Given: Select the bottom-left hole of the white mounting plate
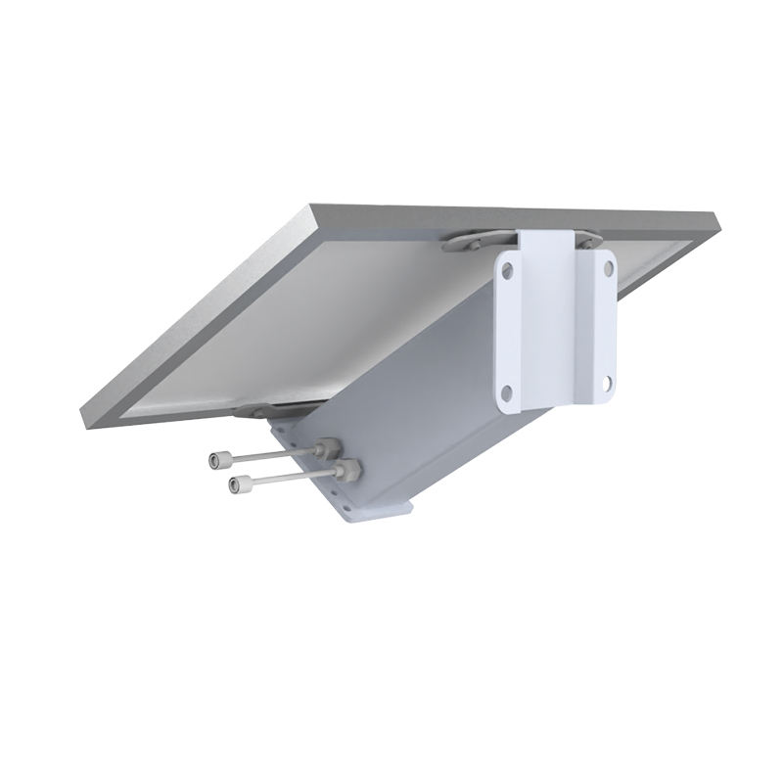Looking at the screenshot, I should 505,392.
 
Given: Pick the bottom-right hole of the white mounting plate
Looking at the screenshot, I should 608,384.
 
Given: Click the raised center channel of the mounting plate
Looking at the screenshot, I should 552,323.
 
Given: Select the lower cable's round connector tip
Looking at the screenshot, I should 235,484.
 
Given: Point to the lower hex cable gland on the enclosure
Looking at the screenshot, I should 345,472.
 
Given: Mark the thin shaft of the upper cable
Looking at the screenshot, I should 269,454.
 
